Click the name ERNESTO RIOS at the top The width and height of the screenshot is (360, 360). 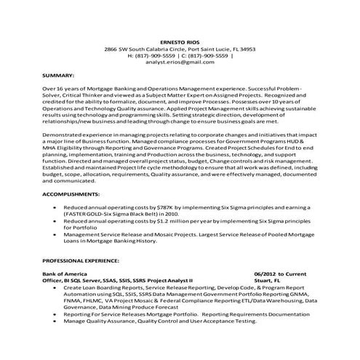point(180,41)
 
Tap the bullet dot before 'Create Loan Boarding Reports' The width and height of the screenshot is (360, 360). point(57,286)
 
